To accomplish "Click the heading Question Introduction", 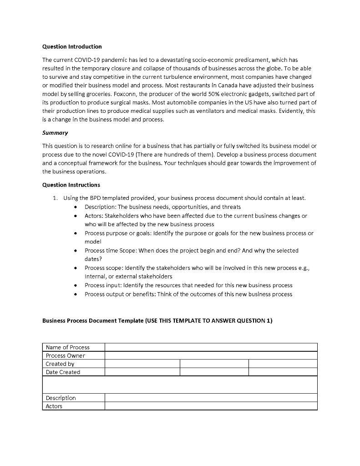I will pos(72,47).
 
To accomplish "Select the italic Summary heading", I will pos(55,133).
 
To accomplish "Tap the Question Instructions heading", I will pos(71,185).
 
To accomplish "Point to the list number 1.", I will pos(55,198).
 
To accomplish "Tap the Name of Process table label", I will pos(67,347).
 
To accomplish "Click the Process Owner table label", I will pos(65,355).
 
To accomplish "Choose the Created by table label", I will pos(60,364).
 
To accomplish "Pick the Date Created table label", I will pos(63,372).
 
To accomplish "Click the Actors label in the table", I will pos(54,406).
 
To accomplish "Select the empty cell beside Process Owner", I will pos(211,355).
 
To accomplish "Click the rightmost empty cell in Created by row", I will pos(283,364).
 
